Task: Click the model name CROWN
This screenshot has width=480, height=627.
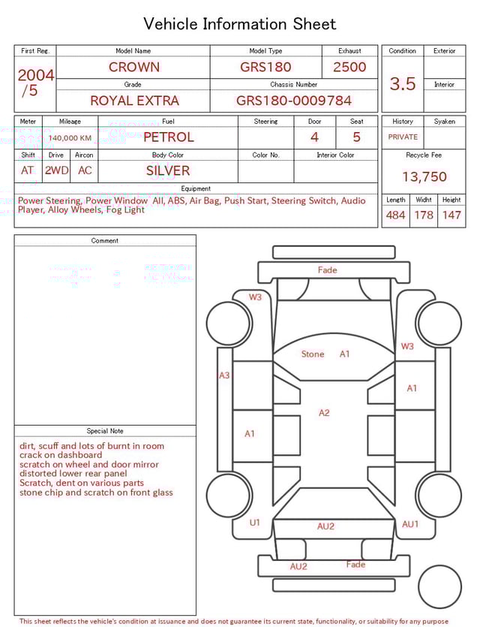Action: click(134, 67)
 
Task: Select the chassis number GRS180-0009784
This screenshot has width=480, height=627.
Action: click(293, 100)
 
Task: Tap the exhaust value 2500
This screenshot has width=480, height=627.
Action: click(349, 67)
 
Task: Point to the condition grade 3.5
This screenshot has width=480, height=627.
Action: click(402, 84)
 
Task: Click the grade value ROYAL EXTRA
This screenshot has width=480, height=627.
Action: click(134, 100)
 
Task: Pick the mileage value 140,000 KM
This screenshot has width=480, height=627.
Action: click(70, 138)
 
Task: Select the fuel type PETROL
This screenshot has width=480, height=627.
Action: click(168, 137)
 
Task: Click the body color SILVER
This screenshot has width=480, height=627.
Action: click(168, 170)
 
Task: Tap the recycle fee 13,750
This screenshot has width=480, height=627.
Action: click(424, 177)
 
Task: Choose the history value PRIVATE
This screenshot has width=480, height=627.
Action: click(403, 137)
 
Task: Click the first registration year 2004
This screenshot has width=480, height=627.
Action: click(35, 76)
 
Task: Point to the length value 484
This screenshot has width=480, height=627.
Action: click(395, 216)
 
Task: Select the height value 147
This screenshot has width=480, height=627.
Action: click(451, 216)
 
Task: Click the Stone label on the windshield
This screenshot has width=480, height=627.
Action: click(313, 354)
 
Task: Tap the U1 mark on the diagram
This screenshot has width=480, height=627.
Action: click(254, 523)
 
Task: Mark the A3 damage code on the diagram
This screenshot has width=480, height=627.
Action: click(224, 375)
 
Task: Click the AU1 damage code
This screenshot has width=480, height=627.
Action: click(410, 524)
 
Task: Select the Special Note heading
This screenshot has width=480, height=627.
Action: click(105, 431)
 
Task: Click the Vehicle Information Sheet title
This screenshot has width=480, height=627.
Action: click(240, 24)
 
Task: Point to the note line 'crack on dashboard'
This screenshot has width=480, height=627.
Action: click(61, 455)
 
